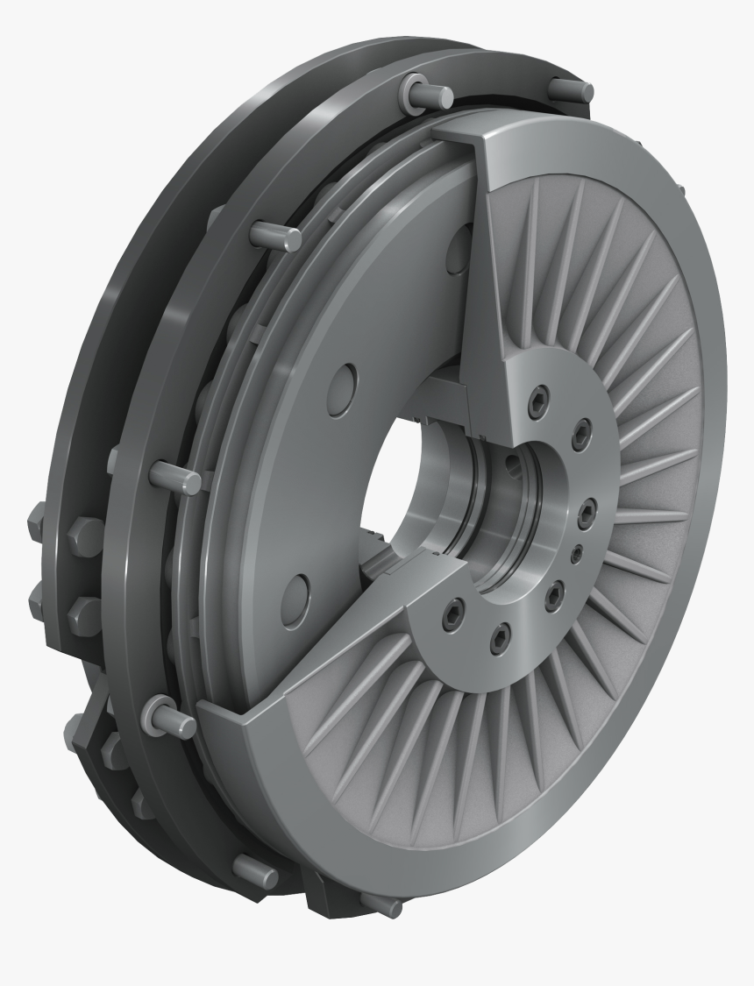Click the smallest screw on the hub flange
tap(576, 555)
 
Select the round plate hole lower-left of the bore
tap(296, 589)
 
